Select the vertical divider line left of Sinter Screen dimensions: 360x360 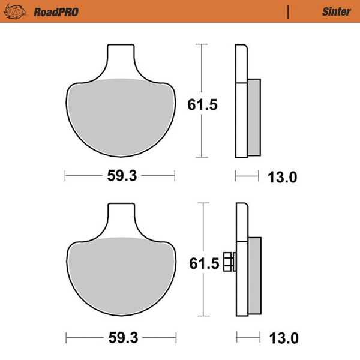click(289, 11)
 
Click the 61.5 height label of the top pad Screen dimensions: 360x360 click(202, 105)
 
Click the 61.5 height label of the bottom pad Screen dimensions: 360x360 click(202, 264)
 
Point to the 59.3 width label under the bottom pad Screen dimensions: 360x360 click(122, 338)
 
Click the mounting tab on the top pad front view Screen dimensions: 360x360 click(120, 60)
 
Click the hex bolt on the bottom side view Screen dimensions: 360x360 click(229, 262)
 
